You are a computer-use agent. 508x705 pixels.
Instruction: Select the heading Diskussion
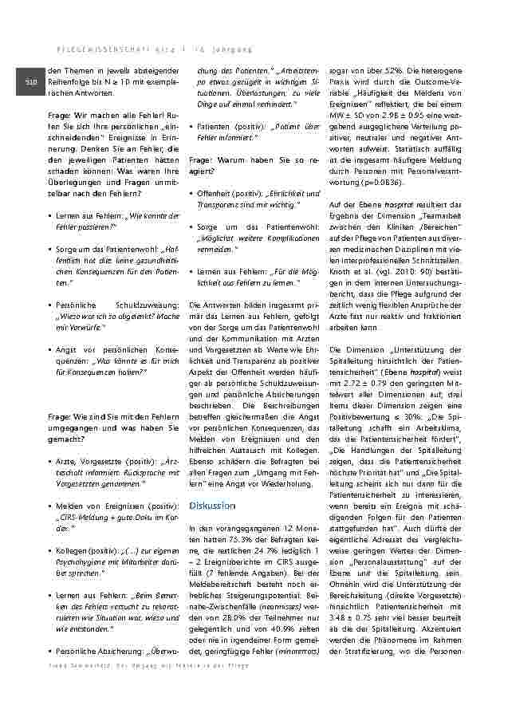pos(212,506)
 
